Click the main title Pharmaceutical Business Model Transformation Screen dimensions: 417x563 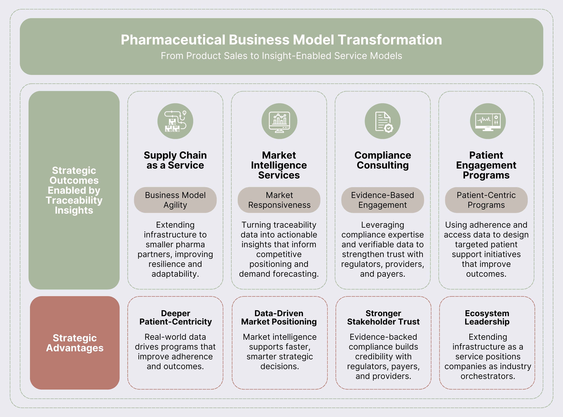coord(281,40)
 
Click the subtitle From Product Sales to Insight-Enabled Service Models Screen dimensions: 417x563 coord(281,56)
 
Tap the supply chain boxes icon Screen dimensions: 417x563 coord(175,121)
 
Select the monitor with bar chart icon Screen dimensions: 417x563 coord(279,121)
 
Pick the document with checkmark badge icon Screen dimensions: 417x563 coord(383,121)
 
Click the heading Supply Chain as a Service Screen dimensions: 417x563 coord(175,160)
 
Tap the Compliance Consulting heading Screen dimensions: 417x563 coord(383,160)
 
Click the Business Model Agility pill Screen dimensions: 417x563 coord(175,200)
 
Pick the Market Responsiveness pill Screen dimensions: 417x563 coord(279,200)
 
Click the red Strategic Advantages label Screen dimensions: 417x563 coord(75,343)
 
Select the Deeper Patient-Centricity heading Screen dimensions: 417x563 coord(176,317)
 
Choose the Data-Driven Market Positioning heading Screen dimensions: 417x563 coord(279,317)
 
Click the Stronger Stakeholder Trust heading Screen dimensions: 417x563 coord(383,317)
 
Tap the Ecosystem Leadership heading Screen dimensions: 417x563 coord(487,317)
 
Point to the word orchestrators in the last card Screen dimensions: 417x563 coord(488,376)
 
